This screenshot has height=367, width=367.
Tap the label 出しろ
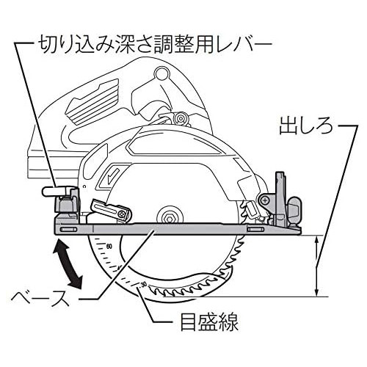click(306, 126)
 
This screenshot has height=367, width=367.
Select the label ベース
click(40, 298)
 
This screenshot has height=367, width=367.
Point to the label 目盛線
click(209, 321)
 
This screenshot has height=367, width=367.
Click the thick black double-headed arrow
click(68, 264)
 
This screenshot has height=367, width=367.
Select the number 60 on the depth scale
click(109, 246)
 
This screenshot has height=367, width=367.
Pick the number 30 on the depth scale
click(144, 285)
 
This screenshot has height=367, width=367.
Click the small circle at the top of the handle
click(162, 73)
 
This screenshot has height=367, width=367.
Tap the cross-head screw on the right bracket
click(265, 200)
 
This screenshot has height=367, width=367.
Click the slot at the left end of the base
click(68, 229)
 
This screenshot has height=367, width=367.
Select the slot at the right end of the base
click(255, 229)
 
